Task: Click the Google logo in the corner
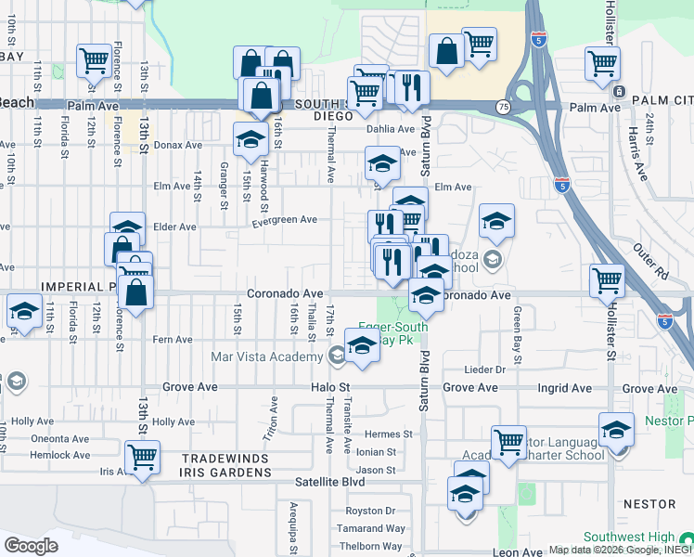point(32,545)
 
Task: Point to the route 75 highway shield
point(501,108)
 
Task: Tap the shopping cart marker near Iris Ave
point(142,457)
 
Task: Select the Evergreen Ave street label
point(285,220)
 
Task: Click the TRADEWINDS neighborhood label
point(225,460)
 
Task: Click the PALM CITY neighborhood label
point(662,99)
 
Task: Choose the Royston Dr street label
point(370,512)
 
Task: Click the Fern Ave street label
point(173,340)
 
